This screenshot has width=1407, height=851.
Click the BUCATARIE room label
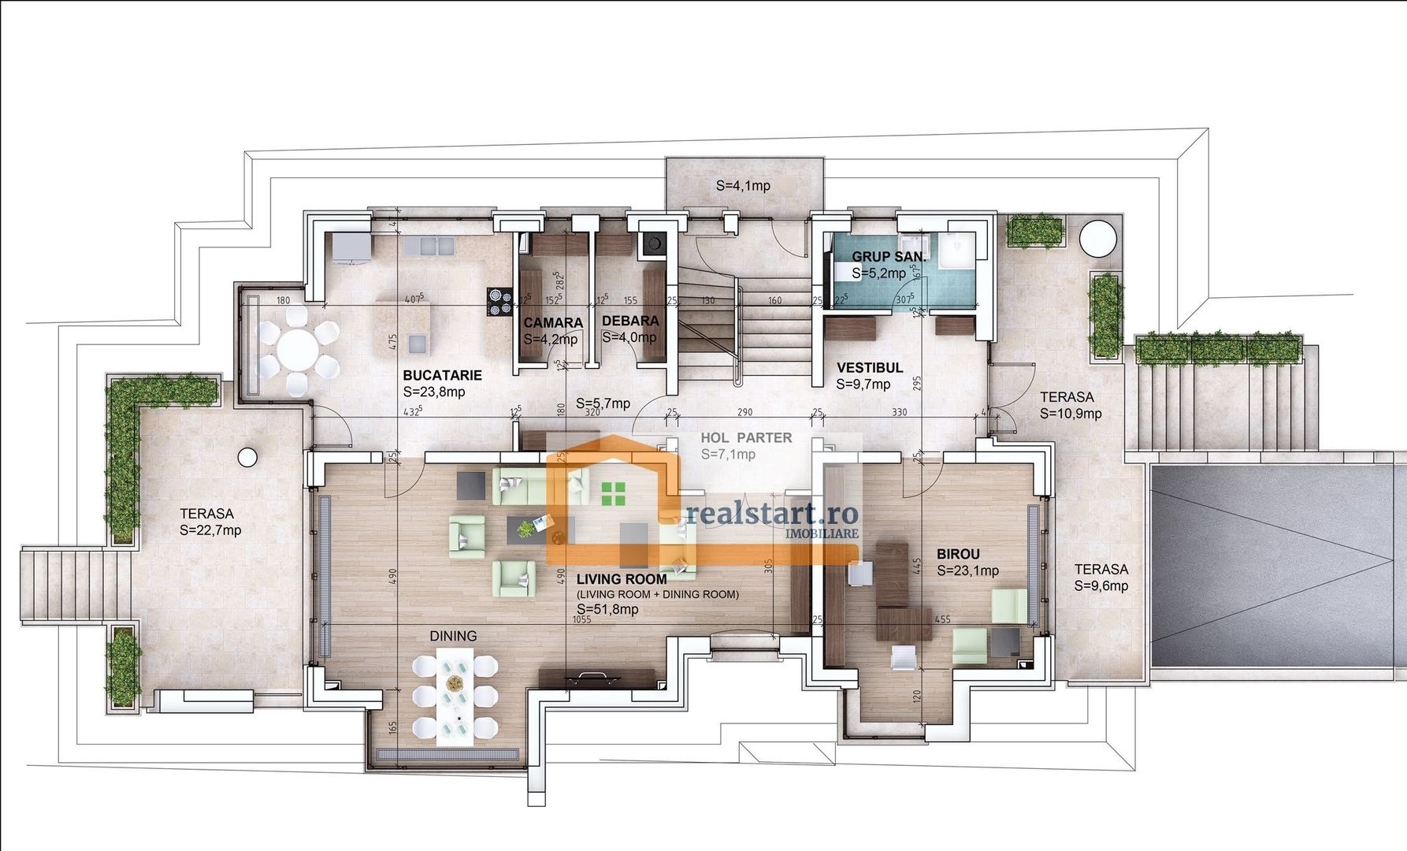[x=442, y=376]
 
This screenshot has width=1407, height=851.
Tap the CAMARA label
[x=553, y=323]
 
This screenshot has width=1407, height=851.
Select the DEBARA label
[x=630, y=321]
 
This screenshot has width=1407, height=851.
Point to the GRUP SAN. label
[x=889, y=258]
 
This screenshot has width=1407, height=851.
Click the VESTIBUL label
[x=870, y=368]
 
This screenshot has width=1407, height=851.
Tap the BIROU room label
[x=958, y=554]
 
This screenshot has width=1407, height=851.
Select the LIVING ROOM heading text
[x=622, y=579]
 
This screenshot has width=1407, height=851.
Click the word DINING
[x=453, y=636]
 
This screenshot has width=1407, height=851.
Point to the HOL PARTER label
[x=746, y=438]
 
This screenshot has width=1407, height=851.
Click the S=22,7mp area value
[x=210, y=530]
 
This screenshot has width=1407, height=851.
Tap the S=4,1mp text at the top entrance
[x=743, y=186]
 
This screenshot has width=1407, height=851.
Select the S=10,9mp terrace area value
[x=1071, y=414]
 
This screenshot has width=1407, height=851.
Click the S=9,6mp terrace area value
[x=1101, y=585]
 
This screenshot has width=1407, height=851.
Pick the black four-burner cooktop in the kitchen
[x=499, y=301]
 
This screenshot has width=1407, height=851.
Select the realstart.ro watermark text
[x=771, y=514]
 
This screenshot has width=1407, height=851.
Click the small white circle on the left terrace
[x=247, y=456]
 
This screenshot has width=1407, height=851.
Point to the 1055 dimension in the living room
[x=581, y=620]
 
